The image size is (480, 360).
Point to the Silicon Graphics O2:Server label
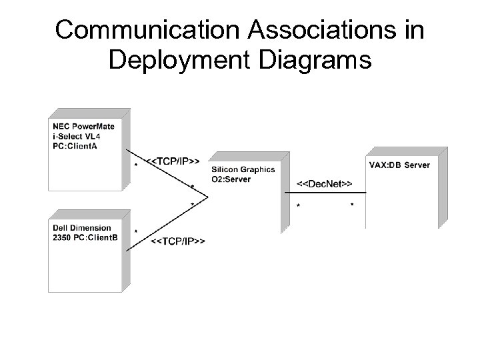point(242,174)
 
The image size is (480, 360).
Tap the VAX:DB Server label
point(399,165)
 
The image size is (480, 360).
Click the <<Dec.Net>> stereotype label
point(324,183)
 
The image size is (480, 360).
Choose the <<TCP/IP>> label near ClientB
point(178,240)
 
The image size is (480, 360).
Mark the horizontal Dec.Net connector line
point(327,192)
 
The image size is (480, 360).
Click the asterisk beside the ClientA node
point(136,164)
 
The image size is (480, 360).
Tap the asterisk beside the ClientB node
point(136,231)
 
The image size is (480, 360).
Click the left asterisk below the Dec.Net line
point(297,206)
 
